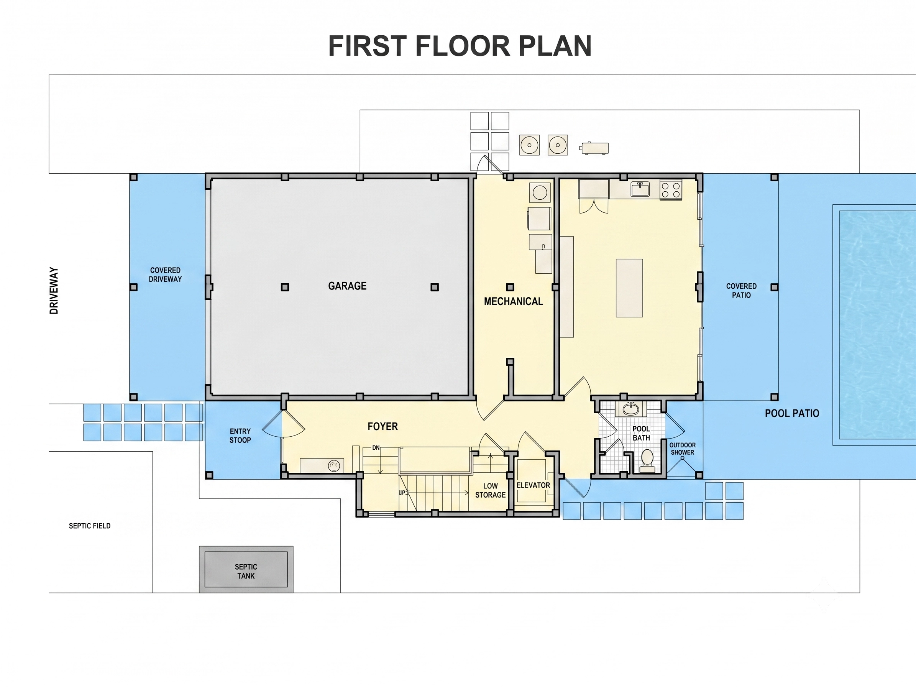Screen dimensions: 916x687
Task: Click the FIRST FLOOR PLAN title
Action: (x=460, y=46)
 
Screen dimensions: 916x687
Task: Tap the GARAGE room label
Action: (x=347, y=286)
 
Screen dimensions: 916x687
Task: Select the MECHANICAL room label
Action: (x=513, y=301)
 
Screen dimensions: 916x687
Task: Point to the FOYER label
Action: (x=382, y=427)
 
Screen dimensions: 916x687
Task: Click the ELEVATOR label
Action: (x=533, y=485)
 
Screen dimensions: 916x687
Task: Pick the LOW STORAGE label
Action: (x=490, y=490)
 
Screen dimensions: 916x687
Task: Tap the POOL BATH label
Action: (x=641, y=433)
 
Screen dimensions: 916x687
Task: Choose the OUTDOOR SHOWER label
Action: (x=683, y=449)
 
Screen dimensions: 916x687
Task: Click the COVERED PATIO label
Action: (x=741, y=291)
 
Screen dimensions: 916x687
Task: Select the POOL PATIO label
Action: (x=792, y=413)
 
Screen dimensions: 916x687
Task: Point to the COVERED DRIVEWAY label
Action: (x=165, y=274)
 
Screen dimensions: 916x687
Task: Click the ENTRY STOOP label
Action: (x=240, y=436)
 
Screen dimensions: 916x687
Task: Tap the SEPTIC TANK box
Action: (x=246, y=569)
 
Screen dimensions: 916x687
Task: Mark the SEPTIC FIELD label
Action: (x=89, y=526)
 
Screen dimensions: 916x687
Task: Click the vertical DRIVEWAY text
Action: (x=54, y=291)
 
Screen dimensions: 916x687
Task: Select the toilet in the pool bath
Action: (x=647, y=461)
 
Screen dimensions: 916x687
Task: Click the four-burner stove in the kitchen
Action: (x=671, y=190)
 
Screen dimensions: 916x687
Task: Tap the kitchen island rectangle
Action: (x=629, y=288)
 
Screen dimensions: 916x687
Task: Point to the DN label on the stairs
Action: (x=376, y=448)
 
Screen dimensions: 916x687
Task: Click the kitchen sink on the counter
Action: (x=640, y=189)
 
